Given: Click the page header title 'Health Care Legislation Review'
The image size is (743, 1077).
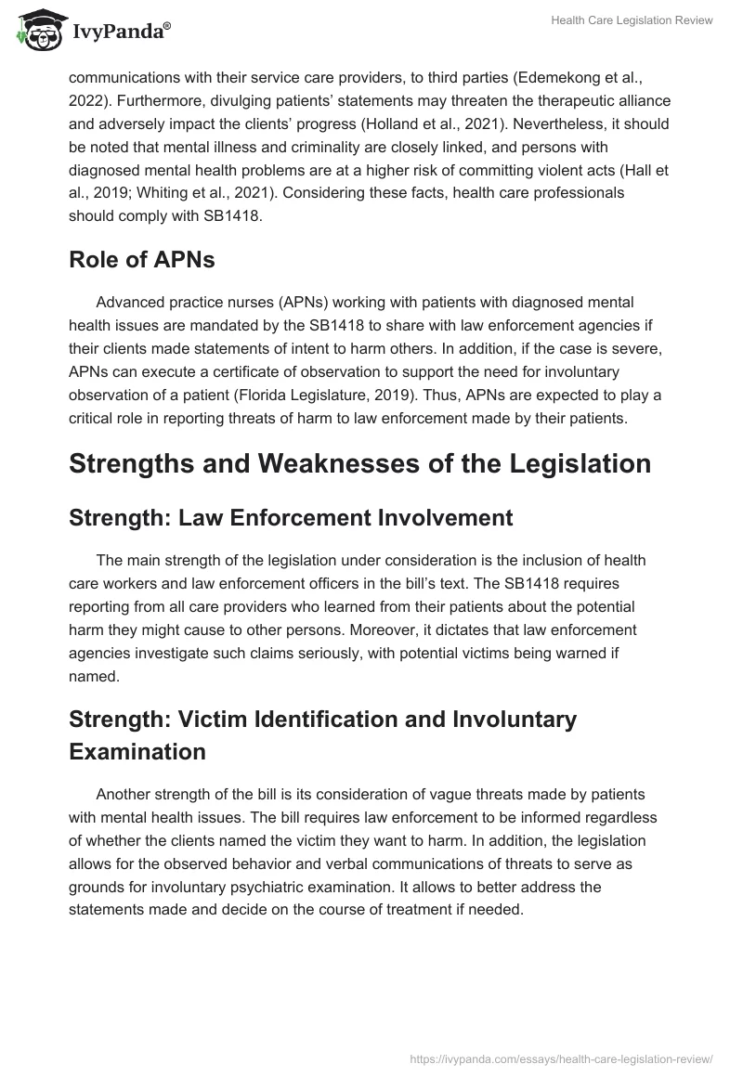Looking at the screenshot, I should coord(632,21).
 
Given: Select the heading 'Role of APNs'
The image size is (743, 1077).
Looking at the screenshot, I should coord(141,260).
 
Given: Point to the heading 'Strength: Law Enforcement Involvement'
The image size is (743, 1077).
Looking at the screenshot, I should coord(291,518).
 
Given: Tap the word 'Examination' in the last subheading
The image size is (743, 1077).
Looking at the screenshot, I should coord(137,752).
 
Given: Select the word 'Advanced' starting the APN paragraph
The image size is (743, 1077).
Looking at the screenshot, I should coord(127,303).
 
